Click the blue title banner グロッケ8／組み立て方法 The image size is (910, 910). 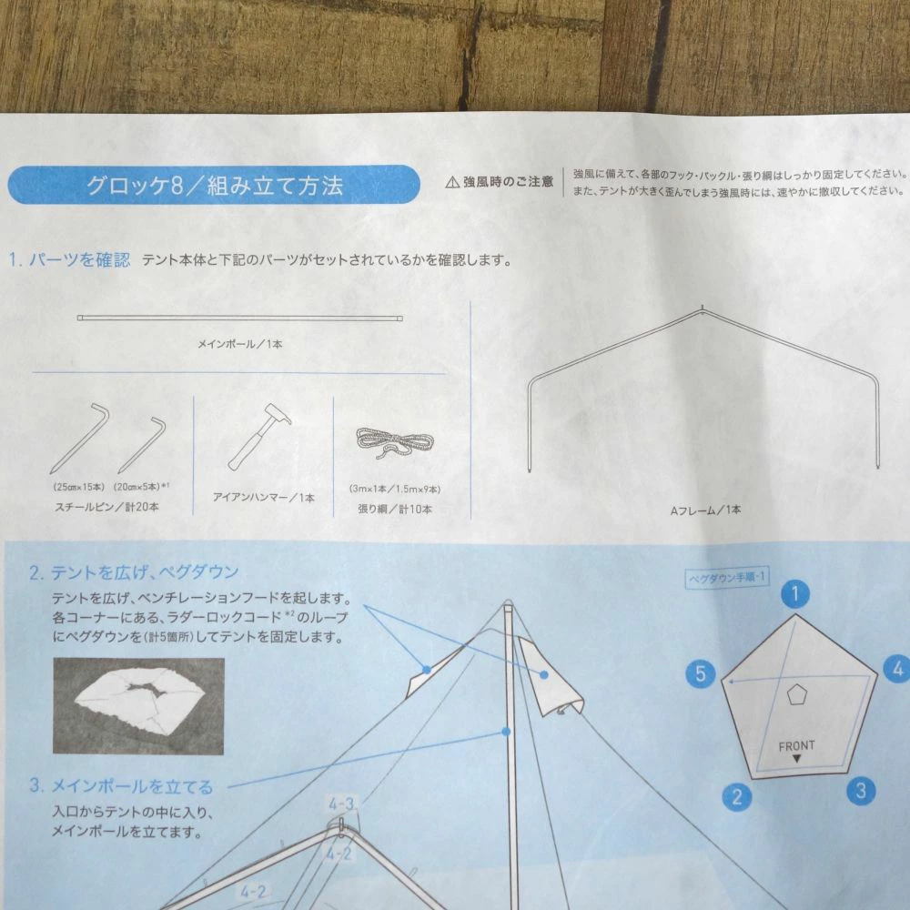[214, 185]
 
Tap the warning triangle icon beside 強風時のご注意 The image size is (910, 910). [452, 183]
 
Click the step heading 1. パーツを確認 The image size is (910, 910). [70, 259]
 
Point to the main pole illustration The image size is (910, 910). [239, 318]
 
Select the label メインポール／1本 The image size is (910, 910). [239, 344]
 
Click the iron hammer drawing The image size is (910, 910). [259, 435]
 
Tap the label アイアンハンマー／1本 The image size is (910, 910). [264, 498]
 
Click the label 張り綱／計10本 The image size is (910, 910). [395, 509]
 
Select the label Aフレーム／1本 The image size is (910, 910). [706, 511]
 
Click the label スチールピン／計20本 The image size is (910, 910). [106, 507]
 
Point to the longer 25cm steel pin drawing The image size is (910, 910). [79, 439]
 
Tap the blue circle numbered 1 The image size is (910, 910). [795, 593]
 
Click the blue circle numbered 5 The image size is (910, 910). [701, 673]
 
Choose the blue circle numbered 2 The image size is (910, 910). [737, 796]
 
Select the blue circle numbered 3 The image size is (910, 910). [861, 791]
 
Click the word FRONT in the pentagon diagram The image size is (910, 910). [796, 746]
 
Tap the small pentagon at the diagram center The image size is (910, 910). [796, 694]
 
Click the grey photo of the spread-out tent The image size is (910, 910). [138, 706]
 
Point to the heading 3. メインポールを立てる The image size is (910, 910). [121, 786]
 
